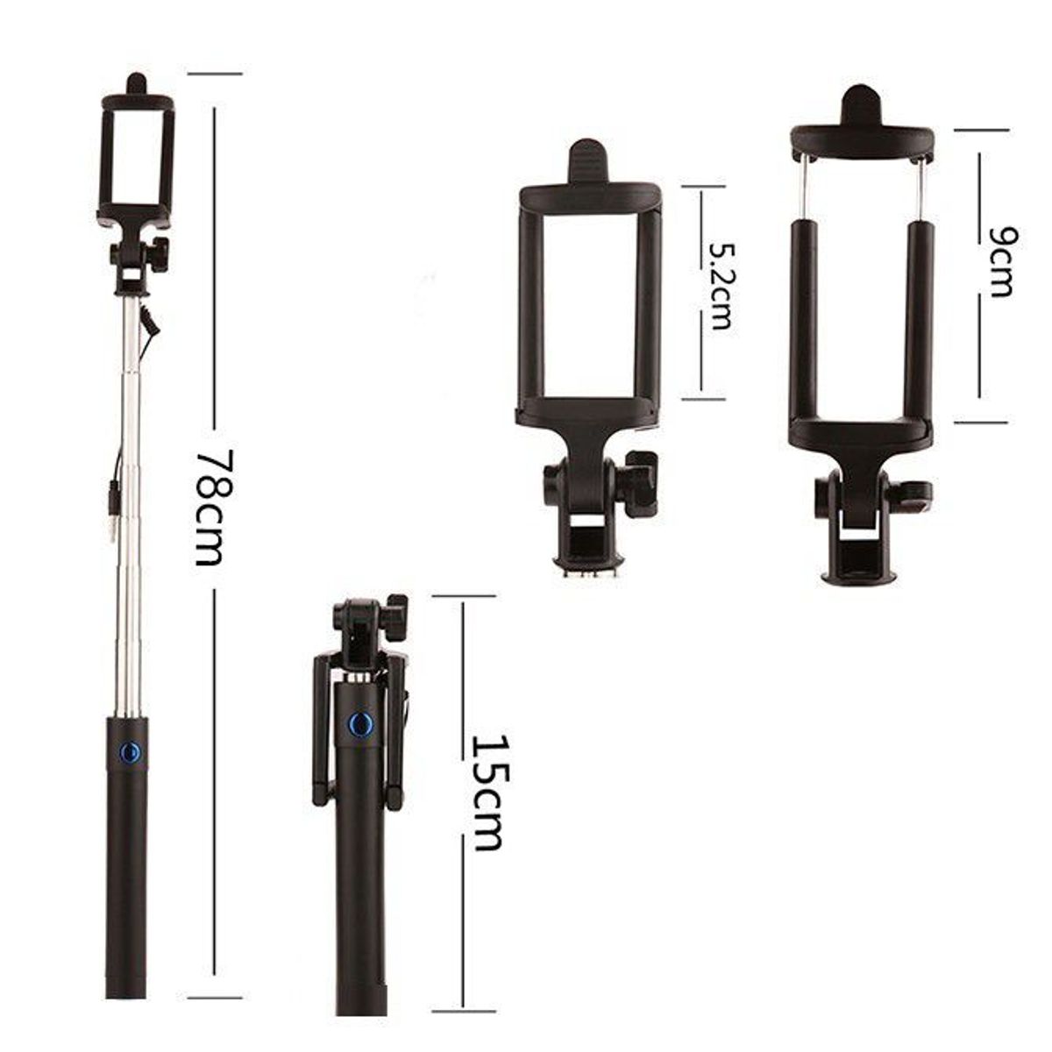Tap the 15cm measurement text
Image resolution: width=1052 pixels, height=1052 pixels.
click(487, 791)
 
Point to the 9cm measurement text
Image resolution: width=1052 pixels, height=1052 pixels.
click(999, 261)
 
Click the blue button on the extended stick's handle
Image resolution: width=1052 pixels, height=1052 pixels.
click(130, 751)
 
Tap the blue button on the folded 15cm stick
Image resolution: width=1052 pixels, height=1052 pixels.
click(358, 724)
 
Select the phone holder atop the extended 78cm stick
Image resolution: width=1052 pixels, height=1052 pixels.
click(136, 158)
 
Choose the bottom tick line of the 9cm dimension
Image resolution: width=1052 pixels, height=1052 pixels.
click(981, 423)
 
